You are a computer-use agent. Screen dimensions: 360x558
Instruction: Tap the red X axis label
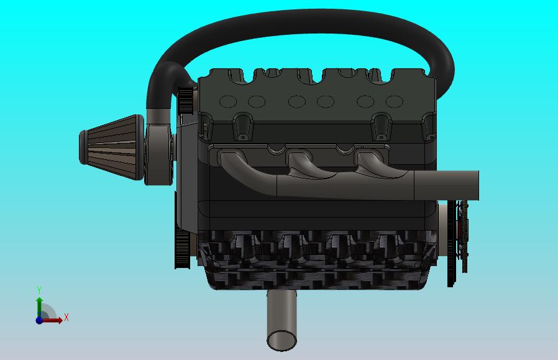[66, 318]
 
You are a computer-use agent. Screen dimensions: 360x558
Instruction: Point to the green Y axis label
[39, 290]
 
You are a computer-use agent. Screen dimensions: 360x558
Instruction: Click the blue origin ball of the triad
[39, 320]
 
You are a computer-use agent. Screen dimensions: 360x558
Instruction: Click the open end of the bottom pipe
[282, 339]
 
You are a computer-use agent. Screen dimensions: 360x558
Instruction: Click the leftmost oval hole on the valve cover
[227, 101]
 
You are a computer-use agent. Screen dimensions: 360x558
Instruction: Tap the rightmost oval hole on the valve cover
[394, 101]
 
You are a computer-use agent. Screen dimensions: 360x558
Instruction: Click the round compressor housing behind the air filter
[160, 153]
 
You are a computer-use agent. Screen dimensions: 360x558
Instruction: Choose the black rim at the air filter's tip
[83, 147]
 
